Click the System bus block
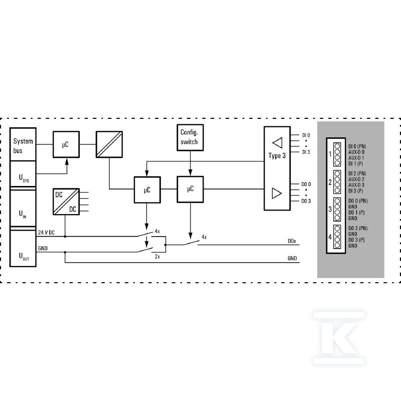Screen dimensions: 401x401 (x=23, y=144)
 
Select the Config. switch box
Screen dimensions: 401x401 (x=190, y=137)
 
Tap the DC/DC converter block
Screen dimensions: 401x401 (x=66, y=202)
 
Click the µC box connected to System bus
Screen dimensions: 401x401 (x=66, y=144)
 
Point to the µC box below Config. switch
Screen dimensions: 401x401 (x=190, y=189)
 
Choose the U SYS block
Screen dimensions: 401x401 (x=23, y=174)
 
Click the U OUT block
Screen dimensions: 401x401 (x=23, y=248)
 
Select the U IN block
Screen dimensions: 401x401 (x=23, y=208)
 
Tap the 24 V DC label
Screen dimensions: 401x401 (x=46, y=233)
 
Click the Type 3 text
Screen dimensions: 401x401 (x=277, y=155)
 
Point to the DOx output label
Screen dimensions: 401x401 (x=292, y=241)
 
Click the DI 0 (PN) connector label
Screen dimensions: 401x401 (x=357, y=146)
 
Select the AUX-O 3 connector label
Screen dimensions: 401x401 (x=356, y=185)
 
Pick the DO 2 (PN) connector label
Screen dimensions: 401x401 (x=358, y=228)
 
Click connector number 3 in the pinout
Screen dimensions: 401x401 (x=330, y=209)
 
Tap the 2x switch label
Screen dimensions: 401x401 (x=157, y=256)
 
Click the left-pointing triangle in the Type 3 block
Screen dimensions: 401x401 (x=278, y=143)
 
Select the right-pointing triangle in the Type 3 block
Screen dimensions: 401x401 (x=277, y=193)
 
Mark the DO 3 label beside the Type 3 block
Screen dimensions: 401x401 (x=306, y=201)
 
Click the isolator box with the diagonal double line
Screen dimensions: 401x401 (x=109, y=144)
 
